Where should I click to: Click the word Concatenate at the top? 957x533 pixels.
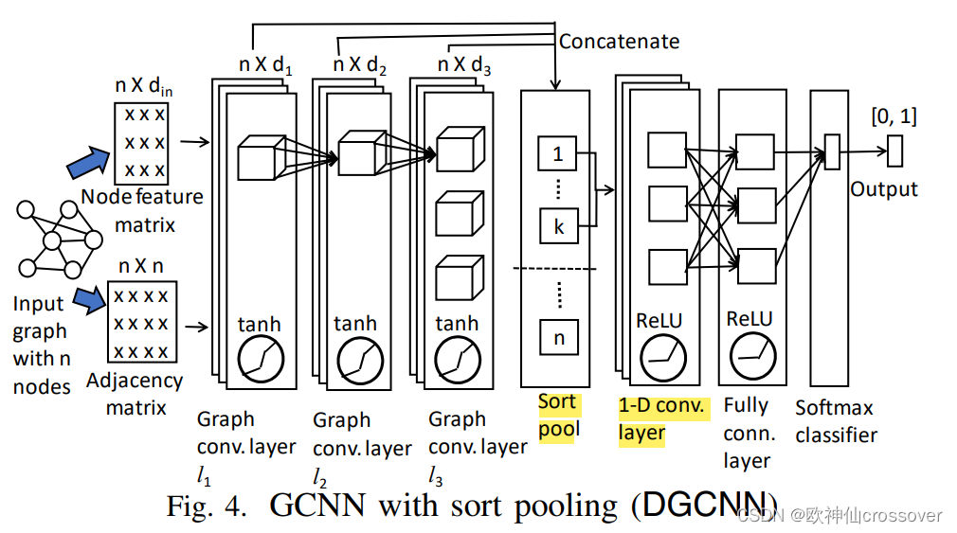pyautogui.click(x=619, y=41)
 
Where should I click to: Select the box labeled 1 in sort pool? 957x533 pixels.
pyautogui.click(x=557, y=153)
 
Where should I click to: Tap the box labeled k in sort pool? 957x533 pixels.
pyautogui.click(x=557, y=227)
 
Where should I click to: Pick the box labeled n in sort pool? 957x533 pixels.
pyautogui.click(x=557, y=336)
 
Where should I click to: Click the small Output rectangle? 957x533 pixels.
pyautogui.click(x=894, y=151)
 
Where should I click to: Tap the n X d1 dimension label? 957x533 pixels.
pyautogui.click(x=264, y=68)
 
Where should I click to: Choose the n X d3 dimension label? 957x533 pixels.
pyautogui.click(x=463, y=68)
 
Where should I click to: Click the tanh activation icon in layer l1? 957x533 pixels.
pyautogui.click(x=259, y=359)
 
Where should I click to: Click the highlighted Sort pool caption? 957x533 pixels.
pyautogui.click(x=558, y=416)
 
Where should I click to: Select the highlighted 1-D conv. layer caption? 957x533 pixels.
pyautogui.click(x=660, y=419)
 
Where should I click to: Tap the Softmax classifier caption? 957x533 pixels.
pyautogui.click(x=836, y=421)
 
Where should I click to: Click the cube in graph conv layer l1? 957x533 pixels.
pyautogui.click(x=256, y=158)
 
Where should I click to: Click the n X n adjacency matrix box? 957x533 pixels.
pyautogui.click(x=141, y=323)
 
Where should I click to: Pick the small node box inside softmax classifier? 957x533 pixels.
pyautogui.click(x=832, y=151)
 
